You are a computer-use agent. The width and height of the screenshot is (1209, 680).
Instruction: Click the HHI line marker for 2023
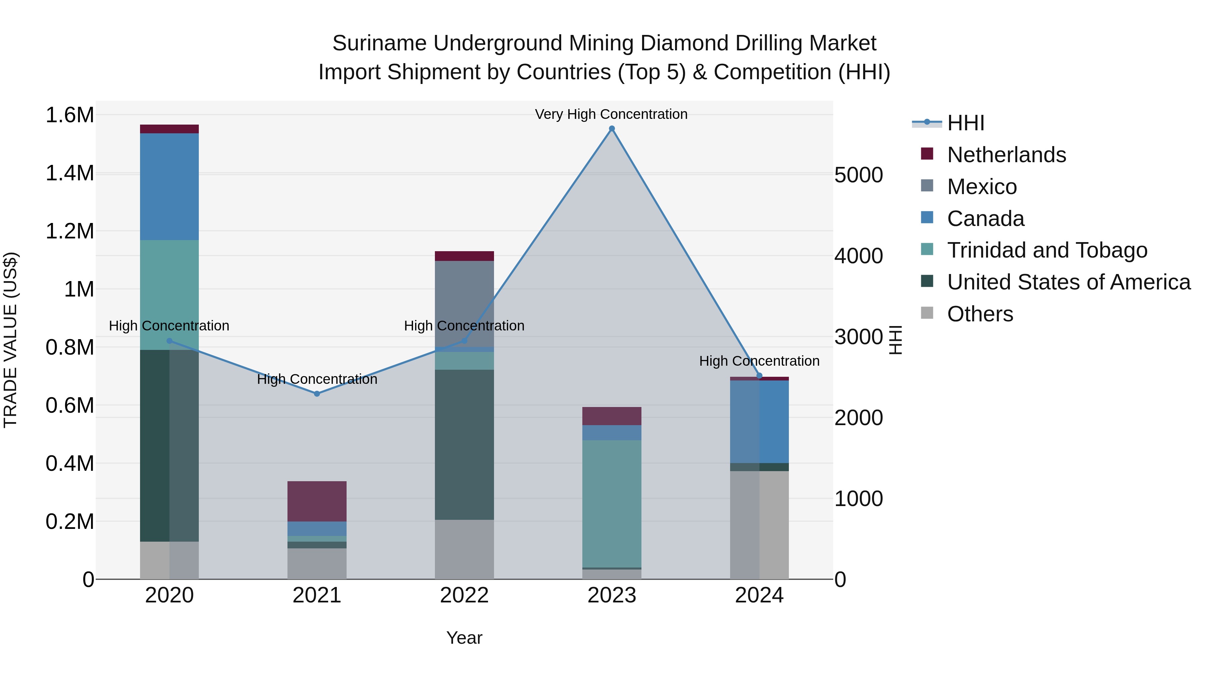[x=612, y=129]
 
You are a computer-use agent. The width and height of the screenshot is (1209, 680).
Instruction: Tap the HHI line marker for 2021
[x=317, y=394]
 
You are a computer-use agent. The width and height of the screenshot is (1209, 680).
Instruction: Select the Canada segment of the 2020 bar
[x=170, y=187]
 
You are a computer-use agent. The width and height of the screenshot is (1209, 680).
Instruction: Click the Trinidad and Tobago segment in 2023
[x=612, y=504]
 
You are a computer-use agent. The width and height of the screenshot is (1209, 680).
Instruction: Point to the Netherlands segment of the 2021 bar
[x=317, y=501]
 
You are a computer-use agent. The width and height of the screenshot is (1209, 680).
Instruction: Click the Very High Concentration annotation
[x=611, y=114]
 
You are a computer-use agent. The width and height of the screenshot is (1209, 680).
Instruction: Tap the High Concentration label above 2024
[x=759, y=361]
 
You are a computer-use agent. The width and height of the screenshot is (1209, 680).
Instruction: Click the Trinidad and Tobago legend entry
[x=1046, y=250]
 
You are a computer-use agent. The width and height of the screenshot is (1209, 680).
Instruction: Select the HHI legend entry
[x=966, y=123]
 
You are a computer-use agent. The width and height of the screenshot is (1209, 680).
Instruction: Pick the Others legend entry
[x=980, y=314]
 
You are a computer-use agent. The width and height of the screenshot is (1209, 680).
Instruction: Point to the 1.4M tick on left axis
[x=70, y=173]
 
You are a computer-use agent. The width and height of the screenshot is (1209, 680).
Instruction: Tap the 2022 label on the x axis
[x=464, y=595]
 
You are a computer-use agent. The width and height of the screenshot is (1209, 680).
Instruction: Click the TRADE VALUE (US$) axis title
[x=10, y=340]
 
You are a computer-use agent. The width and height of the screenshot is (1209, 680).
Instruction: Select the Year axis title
[x=464, y=638]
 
